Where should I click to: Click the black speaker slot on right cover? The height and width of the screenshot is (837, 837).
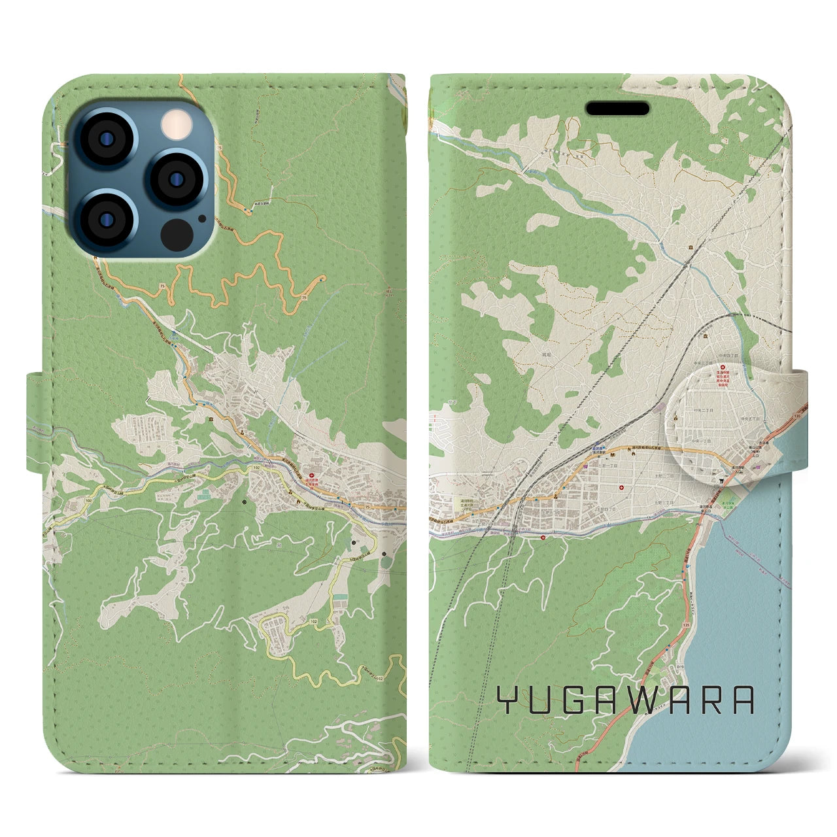coord(617,108)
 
